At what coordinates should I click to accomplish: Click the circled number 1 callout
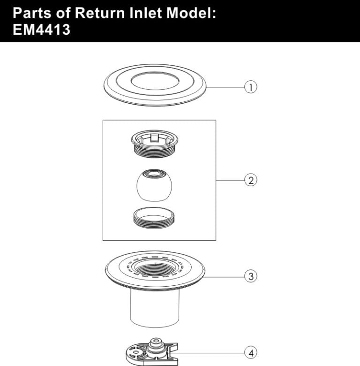[x=251, y=87]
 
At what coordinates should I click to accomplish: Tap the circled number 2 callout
[x=251, y=180]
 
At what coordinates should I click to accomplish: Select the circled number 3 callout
[x=251, y=276]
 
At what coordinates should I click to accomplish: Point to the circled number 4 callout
[x=251, y=351]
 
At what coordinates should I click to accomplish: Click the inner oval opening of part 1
[x=155, y=81]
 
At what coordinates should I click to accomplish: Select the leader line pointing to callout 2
[x=230, y=180]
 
